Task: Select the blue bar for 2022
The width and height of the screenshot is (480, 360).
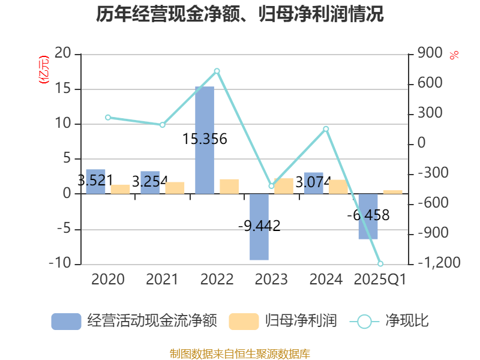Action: pyautogui.click(x=205, y=140)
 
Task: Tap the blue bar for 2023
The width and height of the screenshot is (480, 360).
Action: pyautogui.click(x=259, y=227)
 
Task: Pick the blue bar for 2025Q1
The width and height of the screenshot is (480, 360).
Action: pyautogui.click(x=368, y=216)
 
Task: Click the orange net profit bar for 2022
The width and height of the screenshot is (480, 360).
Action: pyautogui.click(x=229, y=187)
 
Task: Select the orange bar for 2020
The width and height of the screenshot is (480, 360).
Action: pyautogui.click(x=120, y=189)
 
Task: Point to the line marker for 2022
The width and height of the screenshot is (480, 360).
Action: pyautogui.click(x=217, y=71)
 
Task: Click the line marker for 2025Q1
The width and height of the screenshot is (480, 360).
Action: pyautogui.click(x=380, y=263)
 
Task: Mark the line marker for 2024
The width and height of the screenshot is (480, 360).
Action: pyautogui.click(x=326, y=128)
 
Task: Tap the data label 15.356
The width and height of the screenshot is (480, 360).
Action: pyautogui.click(x=205, y=139)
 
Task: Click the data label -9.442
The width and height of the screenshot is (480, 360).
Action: pyautogui.click(x=259, y=226)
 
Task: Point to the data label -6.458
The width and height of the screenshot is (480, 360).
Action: pyautogui.click(x=368, y=215)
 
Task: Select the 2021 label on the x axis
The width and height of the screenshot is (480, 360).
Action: pyautogui.click(x=162, y=279)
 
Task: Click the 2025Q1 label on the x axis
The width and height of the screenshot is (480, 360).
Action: pyautogui.click(x=380, y=279)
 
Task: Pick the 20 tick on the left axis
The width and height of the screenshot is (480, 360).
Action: pyautogui.click(x=63, y=54)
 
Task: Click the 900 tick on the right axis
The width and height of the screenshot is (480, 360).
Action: pyautogui.click(x=430, y=54)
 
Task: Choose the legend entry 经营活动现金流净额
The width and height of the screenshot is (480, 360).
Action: pyautogui.click(x=134, y=321)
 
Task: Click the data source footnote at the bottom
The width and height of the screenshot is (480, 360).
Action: pyautogui.click(x=240, y=354)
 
